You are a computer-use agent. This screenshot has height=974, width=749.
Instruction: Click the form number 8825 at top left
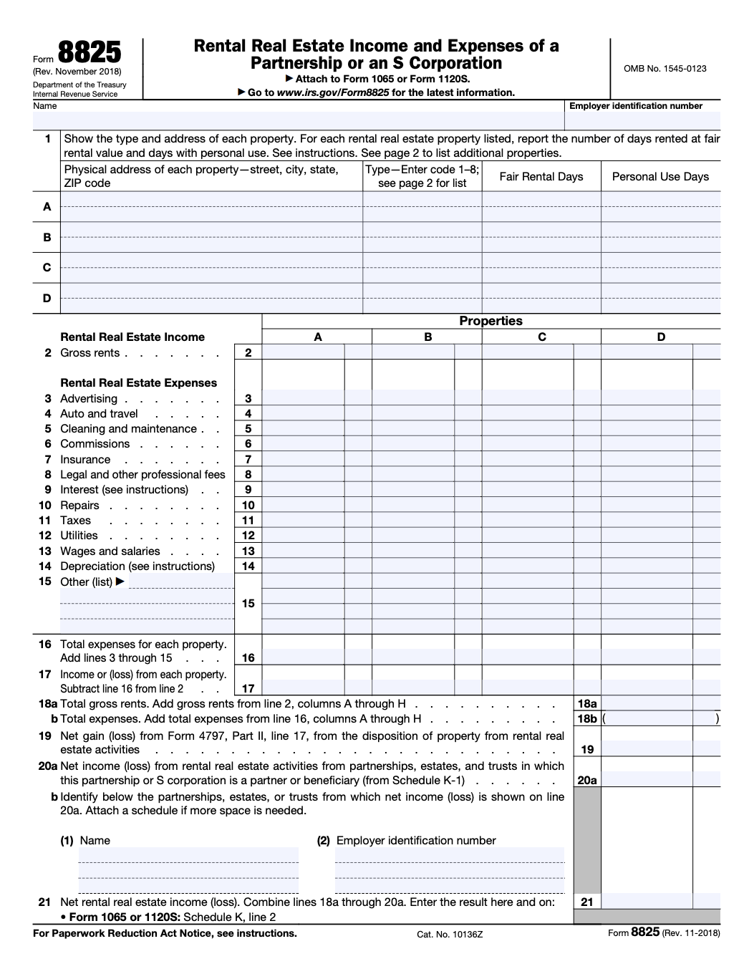[89, 54]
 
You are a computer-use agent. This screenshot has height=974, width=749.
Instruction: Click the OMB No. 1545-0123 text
[665, 69]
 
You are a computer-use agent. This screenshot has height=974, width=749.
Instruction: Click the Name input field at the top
[298, 120]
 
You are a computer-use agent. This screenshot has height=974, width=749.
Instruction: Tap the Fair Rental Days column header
[541, 177]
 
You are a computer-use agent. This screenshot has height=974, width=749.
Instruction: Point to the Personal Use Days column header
[660, 177]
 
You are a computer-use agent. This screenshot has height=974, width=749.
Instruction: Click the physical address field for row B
[211, 237]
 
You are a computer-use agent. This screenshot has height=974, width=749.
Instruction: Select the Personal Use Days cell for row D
[660, 298]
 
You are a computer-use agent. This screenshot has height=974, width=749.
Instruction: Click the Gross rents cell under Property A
[304, 352]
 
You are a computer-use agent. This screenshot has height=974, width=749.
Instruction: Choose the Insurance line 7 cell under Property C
[527, 460]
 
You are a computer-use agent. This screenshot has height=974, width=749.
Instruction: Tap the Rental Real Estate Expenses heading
[138, 383]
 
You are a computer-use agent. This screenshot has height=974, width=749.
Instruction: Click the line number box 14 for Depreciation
[248, 566]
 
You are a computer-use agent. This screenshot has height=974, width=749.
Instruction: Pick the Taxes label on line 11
[75, 521]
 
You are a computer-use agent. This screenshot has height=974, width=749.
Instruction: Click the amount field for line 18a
[660, 704]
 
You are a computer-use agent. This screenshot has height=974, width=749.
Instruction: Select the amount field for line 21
[660, 902]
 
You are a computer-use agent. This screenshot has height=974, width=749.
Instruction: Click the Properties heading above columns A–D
[491, 321]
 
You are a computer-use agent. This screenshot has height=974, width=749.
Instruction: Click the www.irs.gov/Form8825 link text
[333, 92]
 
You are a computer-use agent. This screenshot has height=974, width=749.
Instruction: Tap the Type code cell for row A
[422, 207]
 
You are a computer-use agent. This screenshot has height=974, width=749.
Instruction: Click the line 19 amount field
[660, 750]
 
